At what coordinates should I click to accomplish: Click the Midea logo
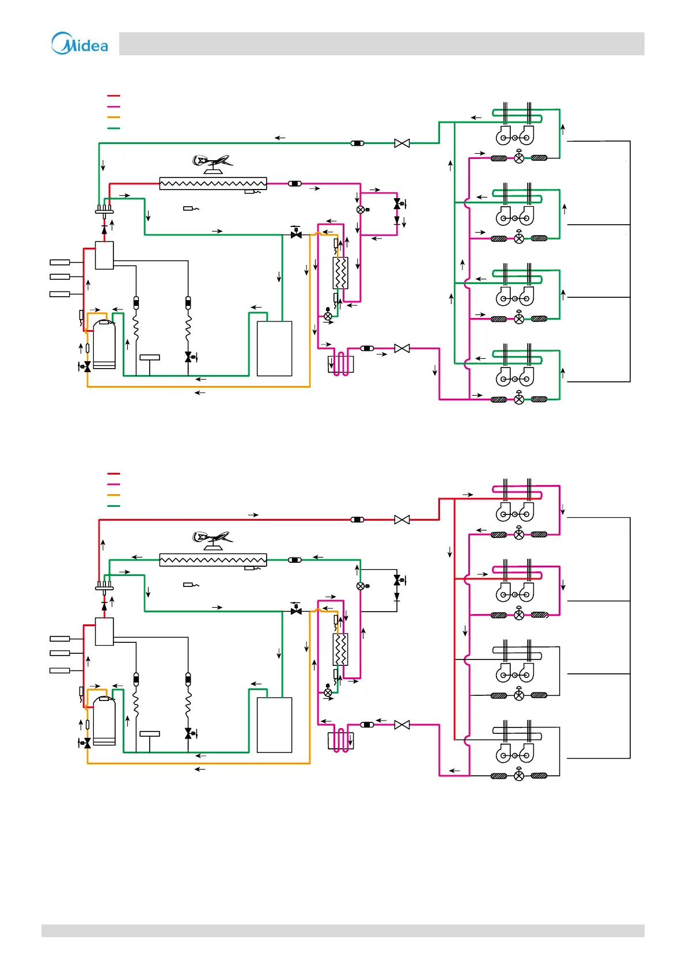(x=79, y=44)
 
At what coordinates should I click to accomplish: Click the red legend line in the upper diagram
(x=113, y=96)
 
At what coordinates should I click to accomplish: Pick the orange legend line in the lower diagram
(x=113, y=495)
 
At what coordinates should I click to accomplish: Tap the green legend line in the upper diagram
(x=113, y=128)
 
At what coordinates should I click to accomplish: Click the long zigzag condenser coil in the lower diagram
(x=213, y=560)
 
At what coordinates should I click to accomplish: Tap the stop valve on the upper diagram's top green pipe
(x=402, y=143)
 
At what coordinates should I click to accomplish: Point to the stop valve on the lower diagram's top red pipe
(x=402, y=520)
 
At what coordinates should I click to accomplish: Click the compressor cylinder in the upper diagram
(x=104, y=344)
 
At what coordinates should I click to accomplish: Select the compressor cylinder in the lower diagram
(x=104, y=721)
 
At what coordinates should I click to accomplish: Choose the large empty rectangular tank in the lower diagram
(x=274, y=725)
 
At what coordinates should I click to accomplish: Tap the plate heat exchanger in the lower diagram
(x=340, y=650)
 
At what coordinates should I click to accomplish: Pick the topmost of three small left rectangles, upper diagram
(x=60, y=263)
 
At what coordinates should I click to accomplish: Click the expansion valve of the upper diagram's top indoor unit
(x=519, y=158)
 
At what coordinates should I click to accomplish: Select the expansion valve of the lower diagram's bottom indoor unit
(x=519, y=776)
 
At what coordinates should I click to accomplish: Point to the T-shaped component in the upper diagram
(x=150, y=359)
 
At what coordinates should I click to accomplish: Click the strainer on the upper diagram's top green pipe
(x=357, y=143)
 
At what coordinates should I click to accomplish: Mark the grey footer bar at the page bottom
(x=343, y=931)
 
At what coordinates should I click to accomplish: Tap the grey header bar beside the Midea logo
(x=381, y=44)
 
